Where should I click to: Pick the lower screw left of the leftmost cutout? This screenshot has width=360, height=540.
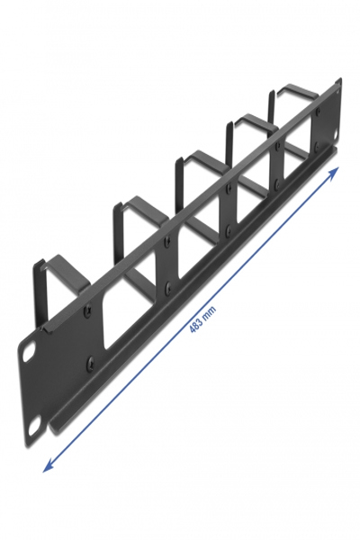(x=90, y=365)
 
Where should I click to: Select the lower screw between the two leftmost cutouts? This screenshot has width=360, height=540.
(x=168, y=291)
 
